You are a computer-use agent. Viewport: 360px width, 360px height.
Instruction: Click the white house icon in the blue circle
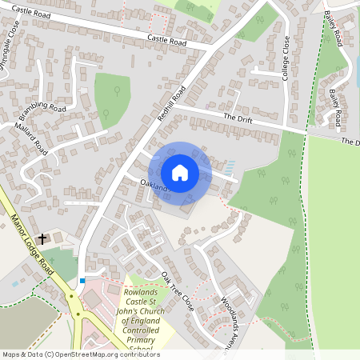coord(180,172)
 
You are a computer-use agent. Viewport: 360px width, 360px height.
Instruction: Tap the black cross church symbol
coord(42,238)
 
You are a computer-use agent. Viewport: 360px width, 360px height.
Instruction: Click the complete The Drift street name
coord(238,118)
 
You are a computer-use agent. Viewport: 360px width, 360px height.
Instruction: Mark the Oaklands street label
coord(154,186)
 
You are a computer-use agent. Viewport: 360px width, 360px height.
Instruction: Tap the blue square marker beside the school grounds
coord(82,281)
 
